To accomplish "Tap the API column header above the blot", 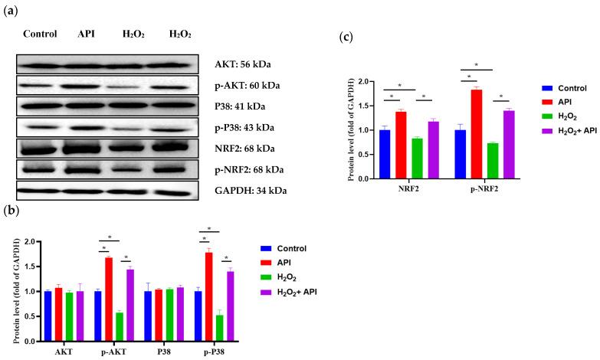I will (85, 34).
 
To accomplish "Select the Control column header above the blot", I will (41, 34).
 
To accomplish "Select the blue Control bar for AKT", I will (48, 316).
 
